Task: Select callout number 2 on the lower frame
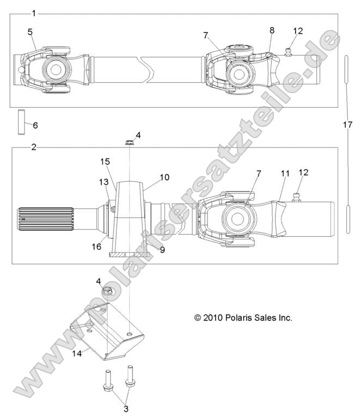click(x=34, y=147)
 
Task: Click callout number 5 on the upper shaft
click(x=30, y=32)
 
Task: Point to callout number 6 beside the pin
click(x=35, y=125)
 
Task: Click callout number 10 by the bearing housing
click(x=164, y=177)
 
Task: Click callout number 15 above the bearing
click(x=105, y=162)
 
